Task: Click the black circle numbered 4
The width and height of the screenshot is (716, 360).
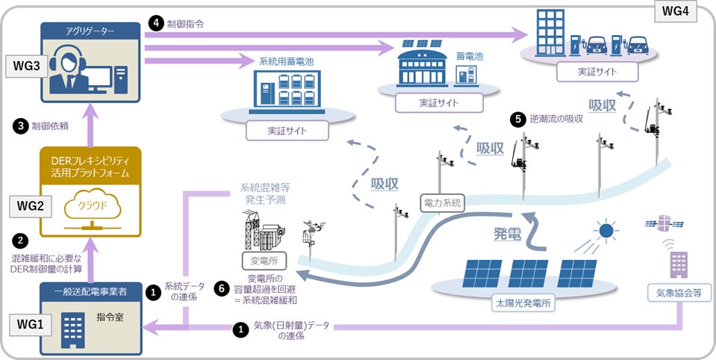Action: (x=155, y=23)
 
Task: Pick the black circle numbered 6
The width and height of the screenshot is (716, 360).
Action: (x=220, y=287)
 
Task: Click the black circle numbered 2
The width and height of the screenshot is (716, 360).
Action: (x=22, y=241)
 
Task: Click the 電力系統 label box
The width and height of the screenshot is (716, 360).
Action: (x=443, y=201)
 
